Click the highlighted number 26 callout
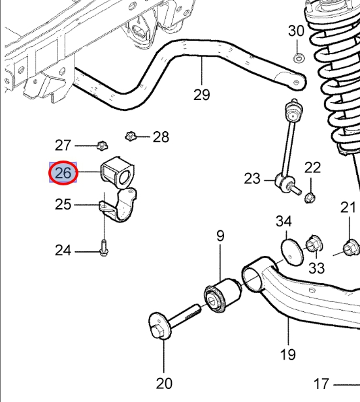(63, 172)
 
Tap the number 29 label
(202, 95)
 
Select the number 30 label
(296, 31)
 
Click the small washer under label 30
(297, 59)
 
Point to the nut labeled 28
(131, 136)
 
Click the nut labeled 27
(103, 146)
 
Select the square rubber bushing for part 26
(118, 172)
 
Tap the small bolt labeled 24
(104, 248)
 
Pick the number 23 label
(252, 179)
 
